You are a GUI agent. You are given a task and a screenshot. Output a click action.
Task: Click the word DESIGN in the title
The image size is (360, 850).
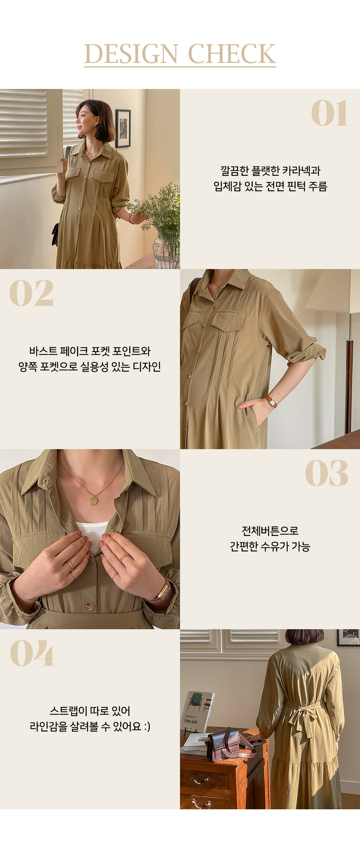131,54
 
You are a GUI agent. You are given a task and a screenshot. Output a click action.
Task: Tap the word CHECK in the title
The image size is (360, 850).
232,54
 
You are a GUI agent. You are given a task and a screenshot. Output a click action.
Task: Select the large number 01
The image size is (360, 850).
329,113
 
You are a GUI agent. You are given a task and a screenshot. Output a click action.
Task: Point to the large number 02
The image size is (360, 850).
31,293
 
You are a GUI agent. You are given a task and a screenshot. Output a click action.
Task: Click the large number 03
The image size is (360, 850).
327,473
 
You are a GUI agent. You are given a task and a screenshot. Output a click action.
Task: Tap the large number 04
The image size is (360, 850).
32,653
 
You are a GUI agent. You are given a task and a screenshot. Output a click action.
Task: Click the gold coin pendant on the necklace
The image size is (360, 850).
94,500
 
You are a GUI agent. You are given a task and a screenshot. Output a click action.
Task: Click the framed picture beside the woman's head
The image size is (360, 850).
123,129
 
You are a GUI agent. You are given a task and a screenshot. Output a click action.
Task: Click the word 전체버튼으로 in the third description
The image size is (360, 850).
270,531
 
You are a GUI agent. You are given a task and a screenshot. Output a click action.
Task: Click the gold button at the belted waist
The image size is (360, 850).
90,607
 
